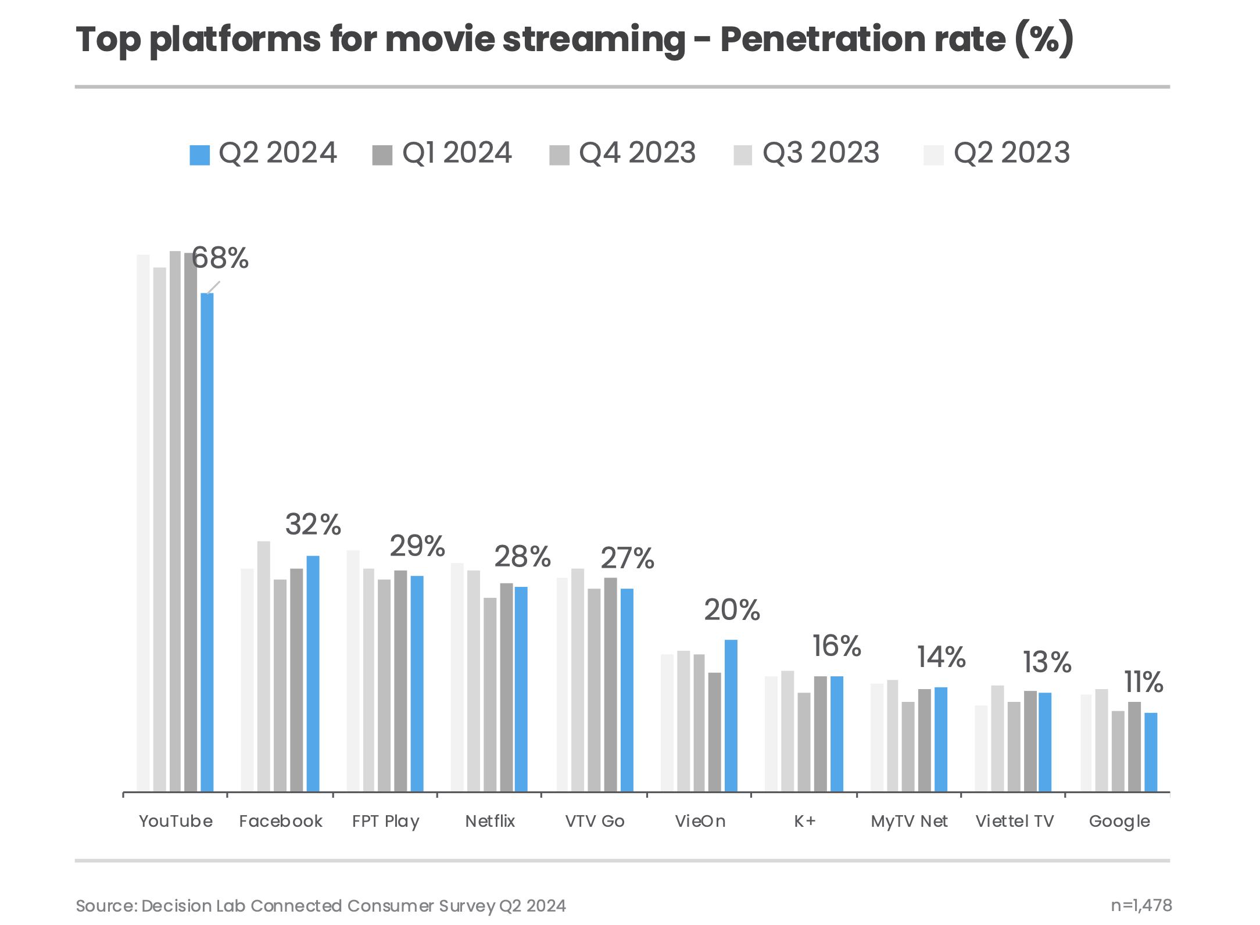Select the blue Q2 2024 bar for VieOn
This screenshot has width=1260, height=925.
coord(731,715)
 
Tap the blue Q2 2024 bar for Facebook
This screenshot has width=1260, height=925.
coord(313,673)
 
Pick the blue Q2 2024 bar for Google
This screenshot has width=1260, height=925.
coord(1150,752)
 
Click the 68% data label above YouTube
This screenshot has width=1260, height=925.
coord(220,258)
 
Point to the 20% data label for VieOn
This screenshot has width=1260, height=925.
coord(732,610)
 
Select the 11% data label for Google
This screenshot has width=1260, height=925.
coord(1143,682)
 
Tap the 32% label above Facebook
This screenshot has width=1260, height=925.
coord(313,525)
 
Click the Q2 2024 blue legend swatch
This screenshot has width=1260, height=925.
coord(199,155)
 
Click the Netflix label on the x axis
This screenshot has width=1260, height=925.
coord(490,821)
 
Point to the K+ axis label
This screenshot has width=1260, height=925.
coord(805,821)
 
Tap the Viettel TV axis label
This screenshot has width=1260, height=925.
coord(1014,821)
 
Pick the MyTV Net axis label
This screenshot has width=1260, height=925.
coord(909,821)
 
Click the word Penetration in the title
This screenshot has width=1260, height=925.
coord(862,40)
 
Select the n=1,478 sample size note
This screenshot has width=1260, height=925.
coord(1141,905)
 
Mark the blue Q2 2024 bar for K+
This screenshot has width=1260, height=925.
coord(836,733)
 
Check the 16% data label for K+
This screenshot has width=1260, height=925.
coord(836,646)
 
